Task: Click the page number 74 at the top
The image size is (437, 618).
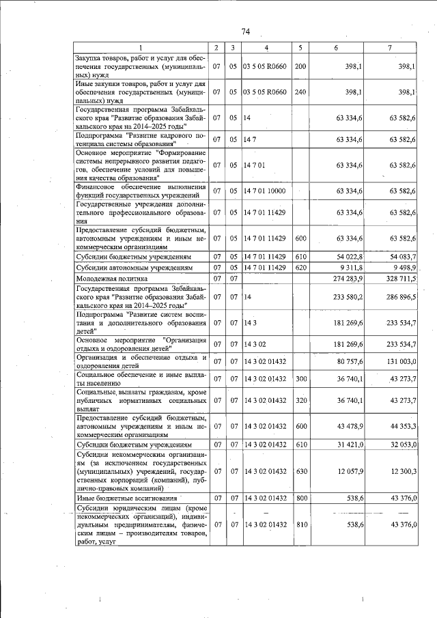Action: (246, 31)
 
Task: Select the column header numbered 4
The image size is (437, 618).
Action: (266, 47)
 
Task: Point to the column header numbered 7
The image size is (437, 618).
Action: (389, 47)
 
